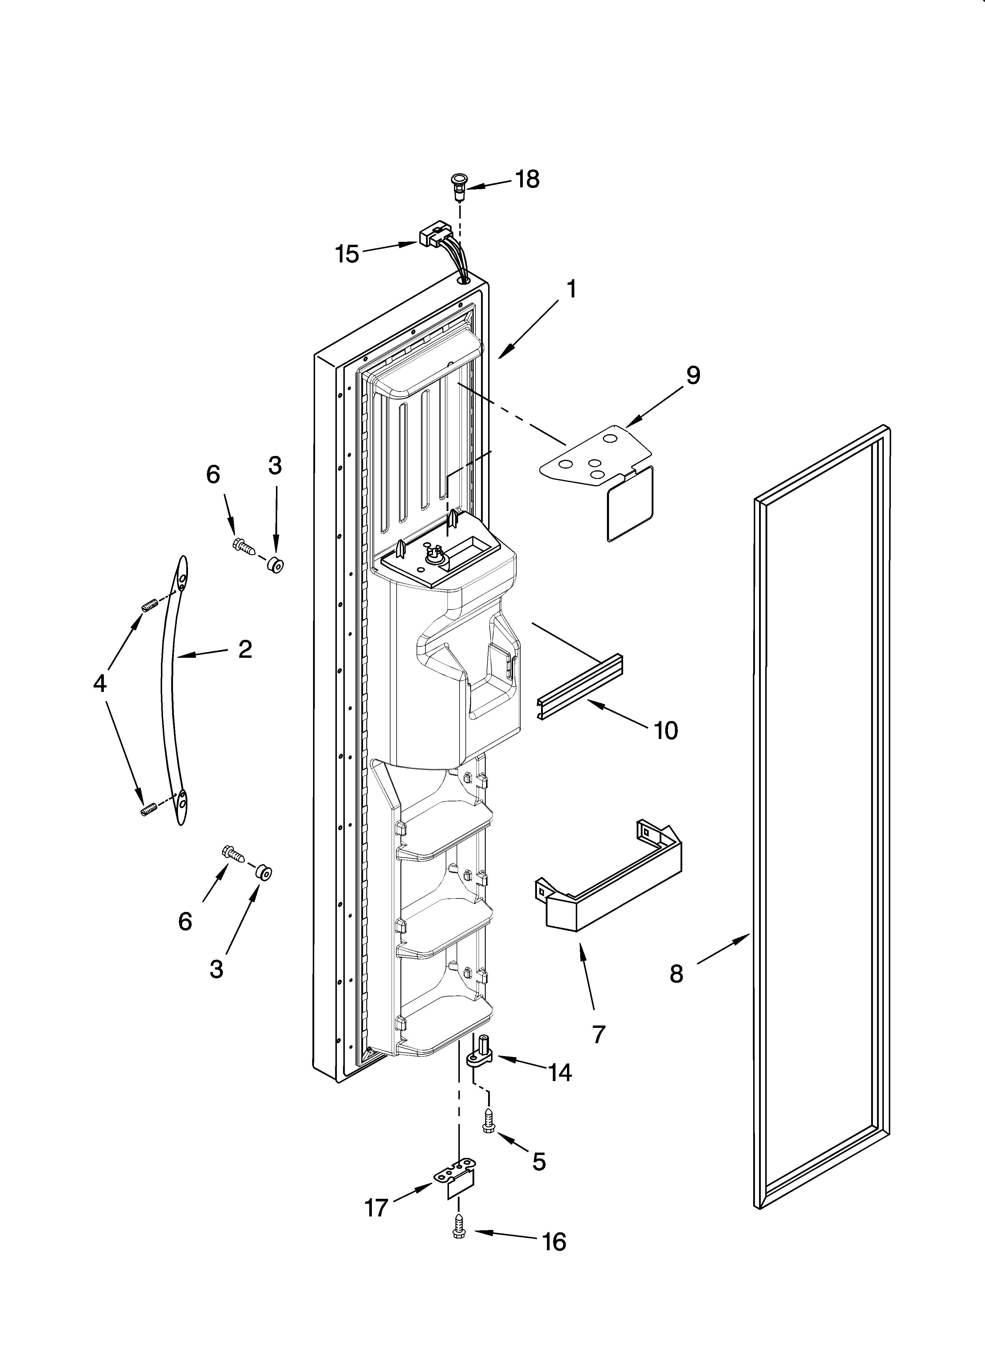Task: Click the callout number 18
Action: [x=527, y=179]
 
